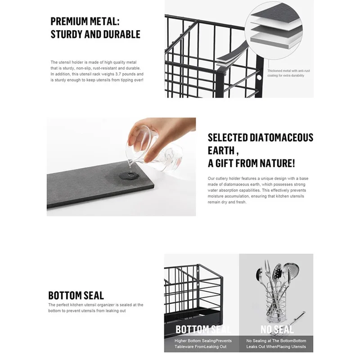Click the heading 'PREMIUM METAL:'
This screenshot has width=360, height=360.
pos(85,21)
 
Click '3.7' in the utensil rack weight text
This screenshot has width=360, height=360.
pos(119,74)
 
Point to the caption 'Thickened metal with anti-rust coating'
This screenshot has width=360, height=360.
pos(288,73)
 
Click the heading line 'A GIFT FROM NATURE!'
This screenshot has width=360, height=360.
pos(252,163)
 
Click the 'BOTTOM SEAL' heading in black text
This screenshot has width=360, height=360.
pos(76,296)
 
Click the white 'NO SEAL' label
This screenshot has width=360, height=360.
pos(277,330)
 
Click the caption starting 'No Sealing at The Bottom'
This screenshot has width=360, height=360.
pos(276,344)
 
